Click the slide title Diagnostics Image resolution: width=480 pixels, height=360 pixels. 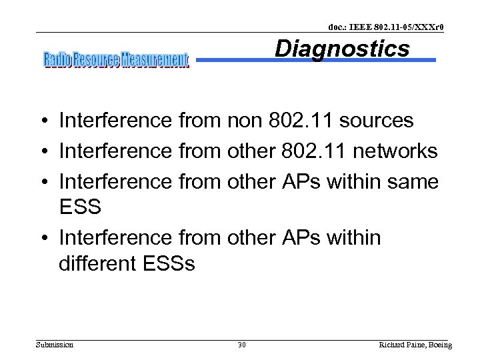pyautogui.click(x=342, y=49)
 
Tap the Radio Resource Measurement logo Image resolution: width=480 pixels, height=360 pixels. pyautogui.click(x=117, y=60)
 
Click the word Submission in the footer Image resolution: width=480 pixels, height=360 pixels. pyautogui.click(x=55, y=345)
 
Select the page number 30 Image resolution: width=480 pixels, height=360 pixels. pyautogui.click(x=241, y=345)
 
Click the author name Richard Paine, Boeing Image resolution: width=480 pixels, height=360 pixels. pyautogui.click(x=415, y=345)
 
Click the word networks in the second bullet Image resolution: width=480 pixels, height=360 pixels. pyautogui.click(x=395, y=151)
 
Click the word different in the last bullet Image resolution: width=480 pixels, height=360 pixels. pyautogui.click(x=98, y=263)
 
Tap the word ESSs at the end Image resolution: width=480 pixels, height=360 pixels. pyautogui.click(x=169, y=263)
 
